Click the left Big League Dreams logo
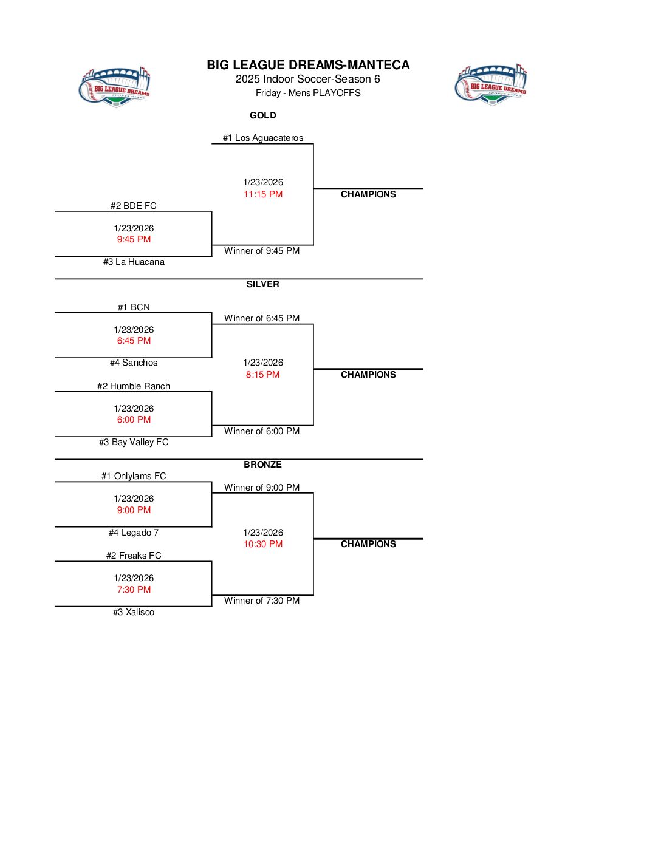pos(115,87)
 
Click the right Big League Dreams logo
pos(491,85)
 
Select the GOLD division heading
pos(263,115)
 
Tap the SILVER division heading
pos(263,284)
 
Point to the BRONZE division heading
pos(263,465)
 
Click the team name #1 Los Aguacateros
pos(263,138)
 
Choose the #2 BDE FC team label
pos(134,206)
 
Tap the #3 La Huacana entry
pos(134,262)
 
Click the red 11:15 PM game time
pos(263,194)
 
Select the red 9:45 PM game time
pos(134,239)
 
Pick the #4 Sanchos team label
pos(134,363)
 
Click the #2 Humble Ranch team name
pos(134,386)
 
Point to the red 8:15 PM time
pos(263,375)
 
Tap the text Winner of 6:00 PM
pos(262,431)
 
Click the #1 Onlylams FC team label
pos(134,476)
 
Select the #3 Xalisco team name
pos(134,612)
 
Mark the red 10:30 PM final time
pos(263,544)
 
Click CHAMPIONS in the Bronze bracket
pos(368,544)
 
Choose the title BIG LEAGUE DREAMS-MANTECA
pos(308,65)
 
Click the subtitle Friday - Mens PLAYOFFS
pos(308,93)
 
